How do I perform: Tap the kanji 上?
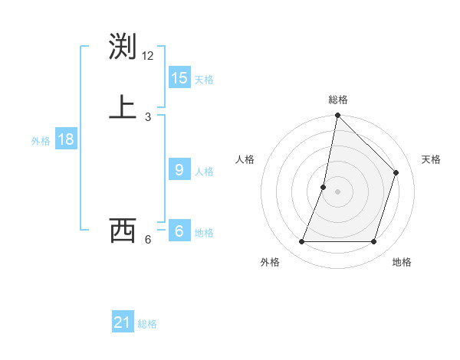[123, 107]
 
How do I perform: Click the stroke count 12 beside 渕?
[148, 56]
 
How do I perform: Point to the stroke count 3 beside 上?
[148, 116]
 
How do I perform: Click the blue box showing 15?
[179, 78]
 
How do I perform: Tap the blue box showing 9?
[179, 170]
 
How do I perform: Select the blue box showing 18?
[66, 139]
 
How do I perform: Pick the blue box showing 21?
[123, 322]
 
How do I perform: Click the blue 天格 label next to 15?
[204, 80]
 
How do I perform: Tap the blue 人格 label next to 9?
[204, 172]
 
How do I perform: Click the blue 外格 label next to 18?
[41, 141]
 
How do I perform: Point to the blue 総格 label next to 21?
[147, 324]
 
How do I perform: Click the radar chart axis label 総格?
[338, 100]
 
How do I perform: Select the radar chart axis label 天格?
[431, 159]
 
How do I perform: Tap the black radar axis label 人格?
[245, 159]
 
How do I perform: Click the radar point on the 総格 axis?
[337, 116]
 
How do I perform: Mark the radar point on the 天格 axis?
[396, 172]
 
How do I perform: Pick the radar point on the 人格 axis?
[324, 187]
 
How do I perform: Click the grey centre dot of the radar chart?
[337, 191]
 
